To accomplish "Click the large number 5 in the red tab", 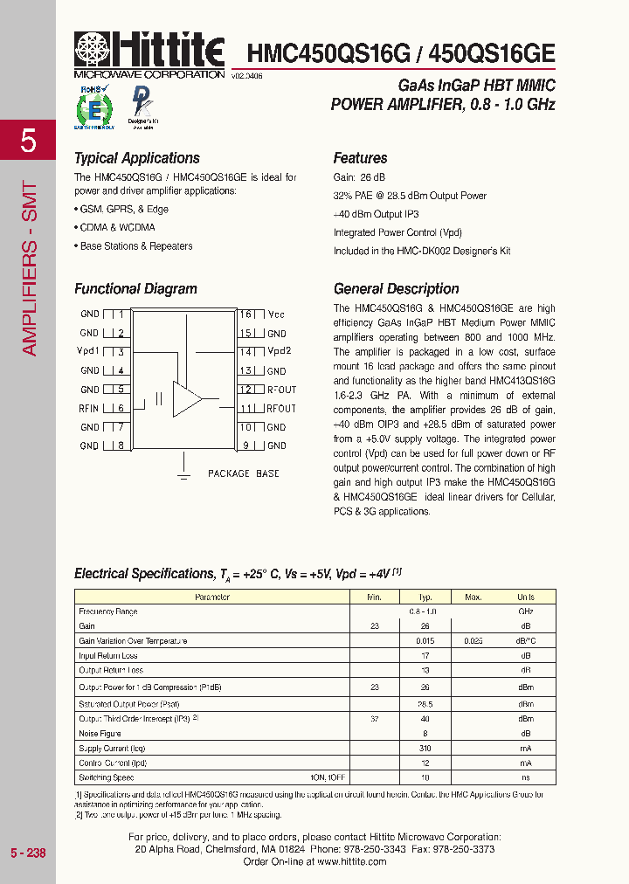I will point(28,141).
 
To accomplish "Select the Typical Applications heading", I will point(137,158).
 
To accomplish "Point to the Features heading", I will point(360,158).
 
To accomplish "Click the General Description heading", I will point(396,289).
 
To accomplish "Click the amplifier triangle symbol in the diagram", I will point(186,398).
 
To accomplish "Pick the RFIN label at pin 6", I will point(89,409).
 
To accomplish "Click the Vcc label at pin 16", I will point(276,314).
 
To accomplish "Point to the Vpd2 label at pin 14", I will point(279,351).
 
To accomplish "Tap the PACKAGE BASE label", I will point(243,473).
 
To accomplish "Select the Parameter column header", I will point(212,597).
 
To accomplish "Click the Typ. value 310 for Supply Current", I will point(425,748).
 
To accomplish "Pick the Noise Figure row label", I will point(100,734).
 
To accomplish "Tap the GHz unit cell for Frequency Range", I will point(525,611).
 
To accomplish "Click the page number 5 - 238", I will point(28,853).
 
